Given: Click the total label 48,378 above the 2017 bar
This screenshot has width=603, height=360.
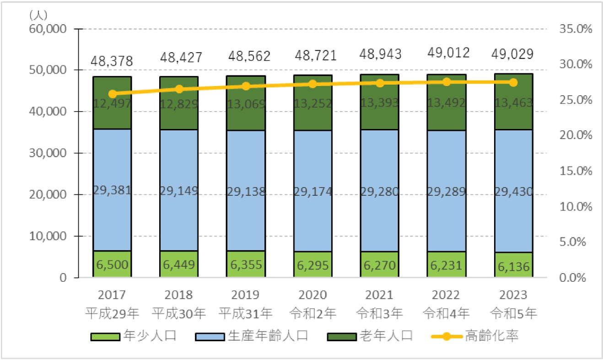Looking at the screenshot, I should pos(112,60).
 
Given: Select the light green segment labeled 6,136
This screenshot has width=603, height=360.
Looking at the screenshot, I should pos(513,265).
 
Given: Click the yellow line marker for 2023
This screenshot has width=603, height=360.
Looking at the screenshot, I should pos(513,82).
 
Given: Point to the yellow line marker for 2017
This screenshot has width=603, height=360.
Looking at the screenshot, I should pos(112,94).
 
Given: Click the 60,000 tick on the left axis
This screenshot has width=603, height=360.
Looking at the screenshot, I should pos(48,29).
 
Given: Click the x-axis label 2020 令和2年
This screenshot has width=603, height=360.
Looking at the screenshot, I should pos(313,304).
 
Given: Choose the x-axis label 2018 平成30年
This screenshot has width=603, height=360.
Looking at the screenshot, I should pos(179,304).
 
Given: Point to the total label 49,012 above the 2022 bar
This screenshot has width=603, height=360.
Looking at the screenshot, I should pos(447,54).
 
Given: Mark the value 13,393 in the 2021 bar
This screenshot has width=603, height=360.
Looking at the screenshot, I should pos(380,103).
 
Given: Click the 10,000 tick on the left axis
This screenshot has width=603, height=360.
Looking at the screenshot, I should pos(48,236).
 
